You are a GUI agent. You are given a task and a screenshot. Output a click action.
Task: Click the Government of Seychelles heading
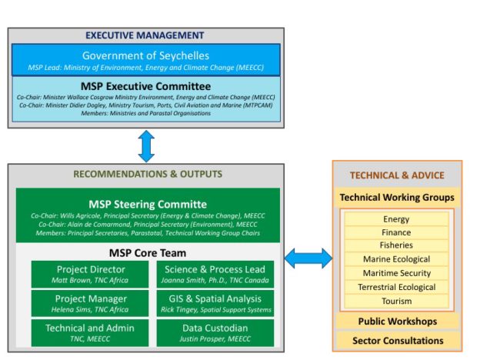(145, 56)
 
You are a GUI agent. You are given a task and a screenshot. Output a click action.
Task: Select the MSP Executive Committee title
(145, 86)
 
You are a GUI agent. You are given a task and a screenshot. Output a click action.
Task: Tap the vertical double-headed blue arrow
(145, 145)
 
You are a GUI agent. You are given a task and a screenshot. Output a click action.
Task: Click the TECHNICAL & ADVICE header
(397, 175)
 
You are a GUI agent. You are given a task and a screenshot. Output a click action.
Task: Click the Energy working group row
(396, 219)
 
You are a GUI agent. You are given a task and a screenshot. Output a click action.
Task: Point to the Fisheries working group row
(396, 246)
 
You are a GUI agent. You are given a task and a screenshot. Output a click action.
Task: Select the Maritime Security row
(396, 273)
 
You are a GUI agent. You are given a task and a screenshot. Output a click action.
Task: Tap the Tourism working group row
(396, 301)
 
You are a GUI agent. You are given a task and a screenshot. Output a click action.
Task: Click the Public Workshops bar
(397, 321)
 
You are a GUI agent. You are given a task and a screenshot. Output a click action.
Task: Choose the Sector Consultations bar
(397, 340)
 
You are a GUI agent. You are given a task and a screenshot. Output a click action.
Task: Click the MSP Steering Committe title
(147, 204)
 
